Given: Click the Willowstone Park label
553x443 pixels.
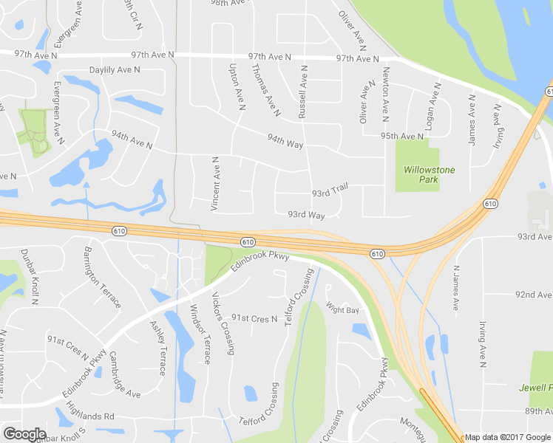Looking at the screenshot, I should (x=429, y=174).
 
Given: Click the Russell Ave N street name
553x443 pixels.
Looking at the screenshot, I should (x=302, y=91).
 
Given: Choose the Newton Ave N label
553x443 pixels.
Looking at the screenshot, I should (x=385, y=95).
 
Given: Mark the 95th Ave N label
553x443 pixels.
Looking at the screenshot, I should (x=402, y=137).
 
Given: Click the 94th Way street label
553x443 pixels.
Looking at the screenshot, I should (x=285, y=140).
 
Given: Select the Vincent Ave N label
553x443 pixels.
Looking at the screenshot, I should (x=214, y=184).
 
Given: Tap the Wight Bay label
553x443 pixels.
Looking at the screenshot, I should (x=342, y=310).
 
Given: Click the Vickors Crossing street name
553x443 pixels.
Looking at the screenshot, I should (x=223, y=323).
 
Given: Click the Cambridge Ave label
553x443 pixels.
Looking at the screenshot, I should (x=124, y=374).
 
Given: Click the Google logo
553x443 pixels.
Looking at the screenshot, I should (x=24, y=434).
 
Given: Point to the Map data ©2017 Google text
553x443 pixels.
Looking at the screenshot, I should (x=506, y=437).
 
